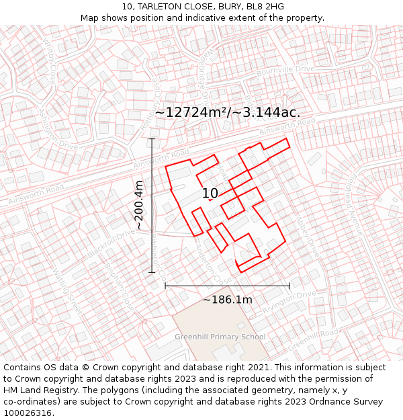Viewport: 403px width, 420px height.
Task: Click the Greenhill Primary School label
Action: point(220,337)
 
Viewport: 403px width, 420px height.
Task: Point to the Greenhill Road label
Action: point(314,338)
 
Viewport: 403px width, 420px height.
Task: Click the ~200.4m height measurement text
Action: point(139,205)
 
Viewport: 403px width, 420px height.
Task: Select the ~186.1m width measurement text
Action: point(228,300)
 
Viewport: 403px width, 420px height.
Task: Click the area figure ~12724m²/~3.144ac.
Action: point(228,112)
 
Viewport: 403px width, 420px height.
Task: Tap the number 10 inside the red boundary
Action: point(210,194)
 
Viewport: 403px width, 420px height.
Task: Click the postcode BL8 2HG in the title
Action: point(265,7)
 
